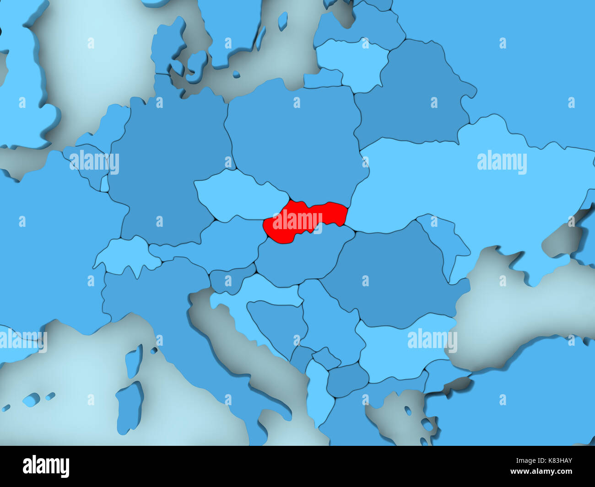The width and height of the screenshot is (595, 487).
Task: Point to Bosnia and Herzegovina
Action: click(x=277, y=325)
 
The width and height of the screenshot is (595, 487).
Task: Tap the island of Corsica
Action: click(x=133, y=361)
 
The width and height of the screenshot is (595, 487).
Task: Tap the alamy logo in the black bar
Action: click(x=46, y=466)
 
